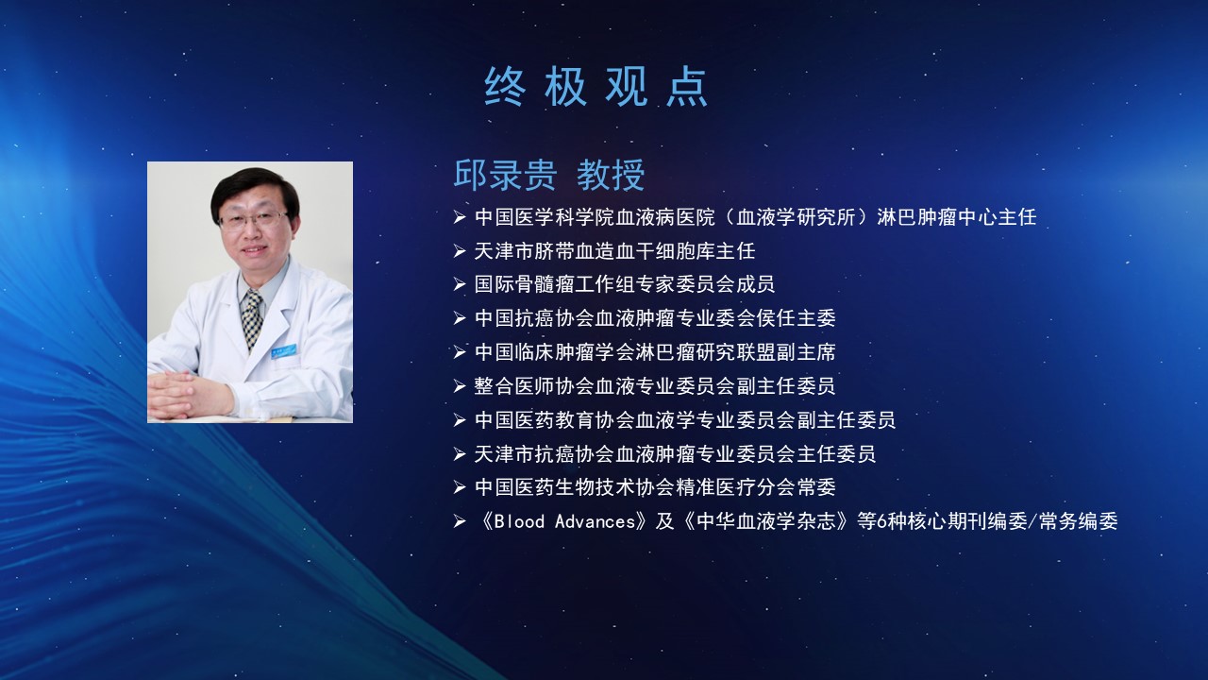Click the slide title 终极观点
point(596,86)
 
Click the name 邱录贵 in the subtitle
point(505,175)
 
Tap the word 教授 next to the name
point(611,175)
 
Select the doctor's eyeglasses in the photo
point(255,220)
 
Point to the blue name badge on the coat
point(284,350)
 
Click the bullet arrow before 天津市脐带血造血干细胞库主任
point(460,251)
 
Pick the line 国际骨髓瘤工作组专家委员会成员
point(625,284)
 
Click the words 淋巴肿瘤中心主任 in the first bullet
point(957,217)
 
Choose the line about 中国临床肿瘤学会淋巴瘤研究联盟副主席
point(655,352)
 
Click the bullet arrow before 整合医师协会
point(460,386)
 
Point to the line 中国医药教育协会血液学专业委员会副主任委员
point(685,420)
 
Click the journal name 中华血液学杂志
point(765,521)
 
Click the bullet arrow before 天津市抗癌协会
point(460,454)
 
